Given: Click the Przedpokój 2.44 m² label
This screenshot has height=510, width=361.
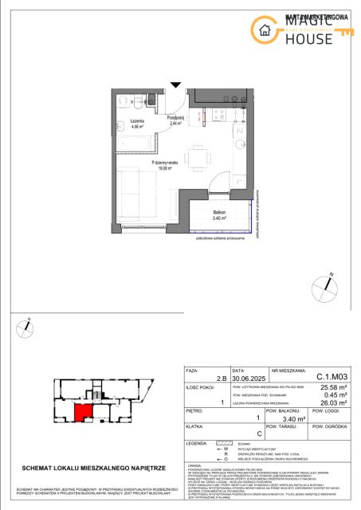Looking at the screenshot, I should pos(176,120).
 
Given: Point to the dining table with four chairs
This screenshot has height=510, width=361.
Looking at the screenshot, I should pos(198,160).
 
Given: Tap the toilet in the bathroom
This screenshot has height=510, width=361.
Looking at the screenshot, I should pos(122,103).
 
